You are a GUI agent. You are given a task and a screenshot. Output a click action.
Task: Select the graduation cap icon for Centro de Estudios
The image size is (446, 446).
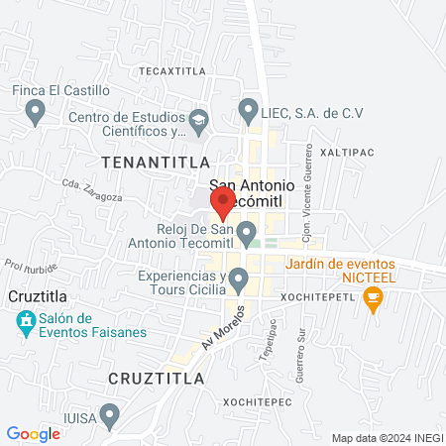click(x=198, y=122)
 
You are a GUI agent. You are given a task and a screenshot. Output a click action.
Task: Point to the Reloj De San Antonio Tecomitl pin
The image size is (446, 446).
click(x=245, y=233)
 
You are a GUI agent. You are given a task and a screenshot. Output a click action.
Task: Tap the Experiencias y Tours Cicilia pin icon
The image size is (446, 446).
click(x=238, y=281)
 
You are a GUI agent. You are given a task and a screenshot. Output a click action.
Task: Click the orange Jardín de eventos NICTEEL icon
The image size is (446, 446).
click(x=374, y=296)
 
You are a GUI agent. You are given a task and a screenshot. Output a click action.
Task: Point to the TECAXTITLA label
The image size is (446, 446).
click(x=171, y=71)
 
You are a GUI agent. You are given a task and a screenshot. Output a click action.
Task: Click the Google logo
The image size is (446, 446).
click(x=34, y=433)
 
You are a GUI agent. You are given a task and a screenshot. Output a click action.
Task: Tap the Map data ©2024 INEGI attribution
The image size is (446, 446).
click(x=387, y=438)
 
